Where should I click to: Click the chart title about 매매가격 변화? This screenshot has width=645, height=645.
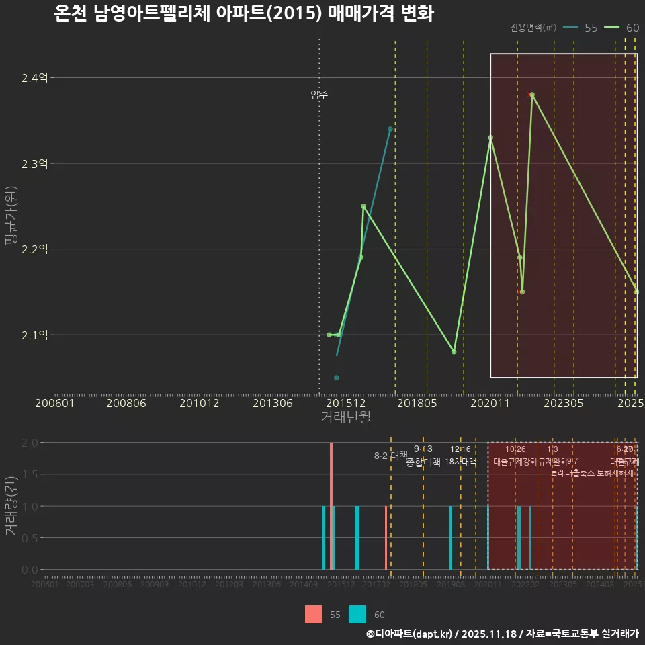(243, 14)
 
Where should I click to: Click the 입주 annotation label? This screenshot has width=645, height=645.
(319, 95)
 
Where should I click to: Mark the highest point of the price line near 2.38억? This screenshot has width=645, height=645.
(532, 95)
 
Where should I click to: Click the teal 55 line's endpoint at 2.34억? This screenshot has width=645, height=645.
(390, 129)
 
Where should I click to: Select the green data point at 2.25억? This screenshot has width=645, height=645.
(363, 206)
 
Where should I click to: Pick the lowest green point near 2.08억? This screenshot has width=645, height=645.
(454, 352)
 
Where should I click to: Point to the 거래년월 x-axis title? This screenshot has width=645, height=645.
(345, 417)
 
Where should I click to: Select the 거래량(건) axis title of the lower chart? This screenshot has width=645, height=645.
(10, 506)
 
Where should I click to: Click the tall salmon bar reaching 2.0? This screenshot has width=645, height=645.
(331, 505)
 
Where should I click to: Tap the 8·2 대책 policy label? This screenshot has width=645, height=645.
(391, 456)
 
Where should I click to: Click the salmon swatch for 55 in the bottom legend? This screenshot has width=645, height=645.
(314, 615)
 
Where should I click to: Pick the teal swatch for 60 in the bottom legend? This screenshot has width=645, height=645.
(357, 615)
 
